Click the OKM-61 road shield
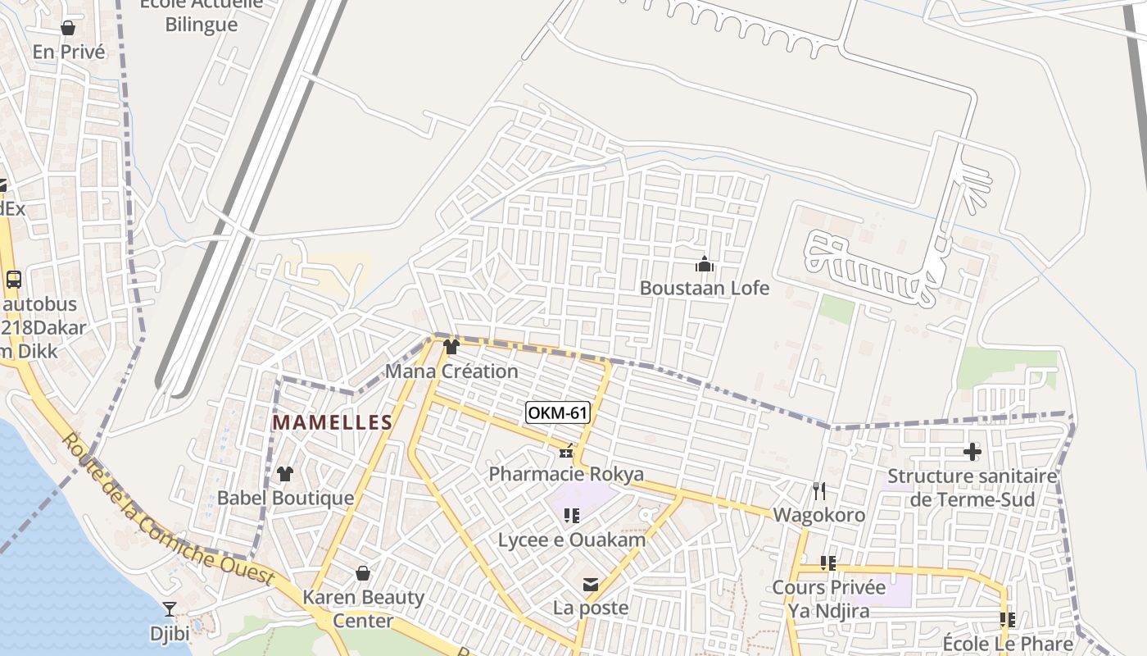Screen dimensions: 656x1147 tap(557, 412)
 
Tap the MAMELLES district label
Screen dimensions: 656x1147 tap(332, 422)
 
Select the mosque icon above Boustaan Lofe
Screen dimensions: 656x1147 tap(704, 264)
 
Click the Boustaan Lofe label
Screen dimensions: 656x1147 tap(704, 288)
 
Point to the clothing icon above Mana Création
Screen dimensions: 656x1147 tap(451, 347)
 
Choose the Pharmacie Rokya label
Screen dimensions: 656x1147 tap(566, 474)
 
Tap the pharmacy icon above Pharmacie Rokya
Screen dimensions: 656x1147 tap(566, 450)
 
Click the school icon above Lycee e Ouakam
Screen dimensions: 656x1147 tap(572, 515)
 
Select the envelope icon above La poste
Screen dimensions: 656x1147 tap(590, 585)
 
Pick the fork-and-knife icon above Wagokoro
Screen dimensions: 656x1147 tap(818, 490)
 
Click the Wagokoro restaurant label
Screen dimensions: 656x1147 tap(818, 515)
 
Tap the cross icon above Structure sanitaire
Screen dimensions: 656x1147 tap(972, 451)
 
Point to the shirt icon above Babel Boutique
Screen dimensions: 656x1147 tap(284, 473)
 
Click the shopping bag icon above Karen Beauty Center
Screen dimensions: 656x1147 tap(363, 573)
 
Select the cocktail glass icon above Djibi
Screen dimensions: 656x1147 tap(169, 608)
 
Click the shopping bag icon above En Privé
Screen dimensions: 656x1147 tap(68, 28)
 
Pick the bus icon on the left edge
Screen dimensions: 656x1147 tap(13, 279)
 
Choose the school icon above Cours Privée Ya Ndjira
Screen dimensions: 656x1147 tap(828, 563)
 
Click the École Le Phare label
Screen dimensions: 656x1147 tap(1008, 643)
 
